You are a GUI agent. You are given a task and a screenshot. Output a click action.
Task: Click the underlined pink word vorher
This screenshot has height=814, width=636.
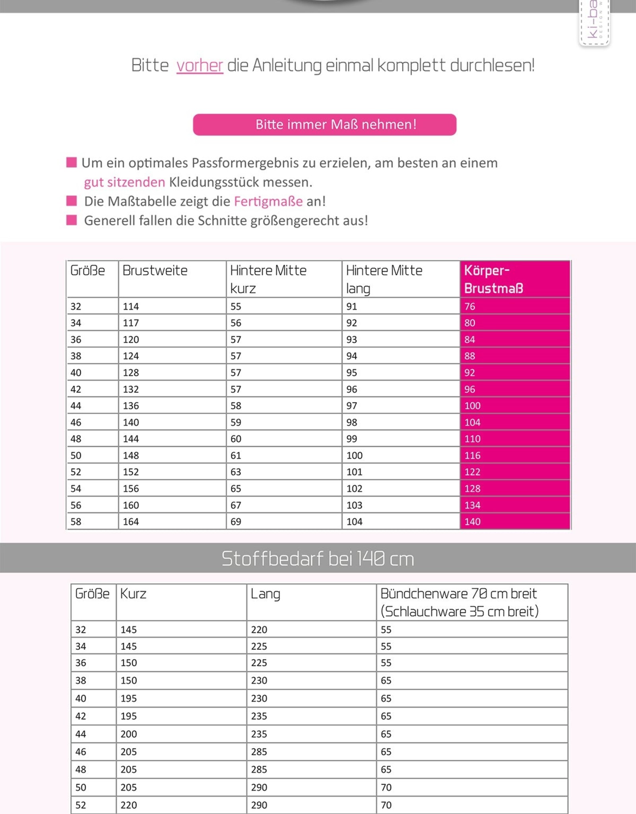[x=200, y=66]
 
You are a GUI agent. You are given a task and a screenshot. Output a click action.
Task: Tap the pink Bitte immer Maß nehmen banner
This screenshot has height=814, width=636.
[x=324, y=125]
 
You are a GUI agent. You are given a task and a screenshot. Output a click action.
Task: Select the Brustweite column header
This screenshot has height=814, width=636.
[x=155, y=271]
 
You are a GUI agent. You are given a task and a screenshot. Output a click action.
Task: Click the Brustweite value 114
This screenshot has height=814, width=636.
[x=131, y=306]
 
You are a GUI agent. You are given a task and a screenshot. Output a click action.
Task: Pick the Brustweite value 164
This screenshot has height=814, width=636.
[x=131, y=521]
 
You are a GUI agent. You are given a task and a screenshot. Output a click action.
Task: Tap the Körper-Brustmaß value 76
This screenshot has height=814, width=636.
[x=469, y=306]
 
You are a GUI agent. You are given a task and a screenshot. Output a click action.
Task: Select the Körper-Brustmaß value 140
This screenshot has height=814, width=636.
[x=472, y=521]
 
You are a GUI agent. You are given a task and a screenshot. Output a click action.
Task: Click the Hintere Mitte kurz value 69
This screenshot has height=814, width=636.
[x=236, y=521]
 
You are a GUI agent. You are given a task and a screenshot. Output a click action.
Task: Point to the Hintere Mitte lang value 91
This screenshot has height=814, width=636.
[x=351, y=306]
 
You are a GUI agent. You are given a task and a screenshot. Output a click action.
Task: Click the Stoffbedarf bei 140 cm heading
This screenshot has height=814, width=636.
[x=318, y=558]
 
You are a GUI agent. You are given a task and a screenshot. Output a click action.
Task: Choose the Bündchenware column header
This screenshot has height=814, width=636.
[x=459, y=602]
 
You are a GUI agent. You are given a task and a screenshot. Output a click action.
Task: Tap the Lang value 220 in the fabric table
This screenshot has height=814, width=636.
[x=259, y=630]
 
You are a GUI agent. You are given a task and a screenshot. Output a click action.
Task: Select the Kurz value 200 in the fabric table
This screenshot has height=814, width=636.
[x=129, y=734]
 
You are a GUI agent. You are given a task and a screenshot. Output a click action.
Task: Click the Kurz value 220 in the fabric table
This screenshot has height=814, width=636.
[x=129, y=805]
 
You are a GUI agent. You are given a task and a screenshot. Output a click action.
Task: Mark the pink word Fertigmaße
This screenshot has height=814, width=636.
[x=268, y=202]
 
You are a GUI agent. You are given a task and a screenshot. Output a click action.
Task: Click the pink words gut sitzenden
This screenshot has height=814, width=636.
[x=124, y=182]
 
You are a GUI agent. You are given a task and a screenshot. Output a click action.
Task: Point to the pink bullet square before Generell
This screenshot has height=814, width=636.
[x=72, y=220]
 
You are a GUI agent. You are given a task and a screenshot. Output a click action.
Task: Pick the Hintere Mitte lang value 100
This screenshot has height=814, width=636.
[x=354, y=455]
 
